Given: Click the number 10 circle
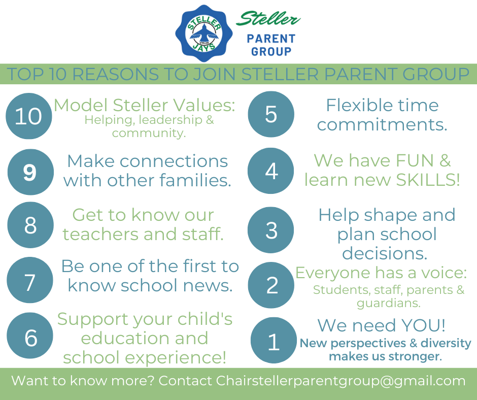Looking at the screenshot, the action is coord(28,116).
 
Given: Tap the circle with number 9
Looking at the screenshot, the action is coord(30,172).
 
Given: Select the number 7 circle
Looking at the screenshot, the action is coord(30,280).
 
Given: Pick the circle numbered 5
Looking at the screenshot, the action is coord(271,114).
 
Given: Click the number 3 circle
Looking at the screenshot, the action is coord(271,230).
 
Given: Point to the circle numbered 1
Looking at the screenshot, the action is coord(274,340).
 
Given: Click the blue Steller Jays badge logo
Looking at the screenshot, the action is coord(204,33).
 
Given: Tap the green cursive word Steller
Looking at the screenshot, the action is coord(268,19).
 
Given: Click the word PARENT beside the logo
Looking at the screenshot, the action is coord(271,39).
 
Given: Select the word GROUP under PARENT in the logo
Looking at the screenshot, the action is coord(271,51).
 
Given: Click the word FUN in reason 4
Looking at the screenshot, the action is coord(415,160).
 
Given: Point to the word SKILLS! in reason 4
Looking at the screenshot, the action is coord(428,180).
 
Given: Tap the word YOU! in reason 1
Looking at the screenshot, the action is coord(423,325).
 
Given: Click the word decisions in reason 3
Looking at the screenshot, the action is coord(385,253).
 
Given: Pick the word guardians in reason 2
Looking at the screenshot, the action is coord(389,303).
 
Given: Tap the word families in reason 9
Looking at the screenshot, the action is coord(195,180).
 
